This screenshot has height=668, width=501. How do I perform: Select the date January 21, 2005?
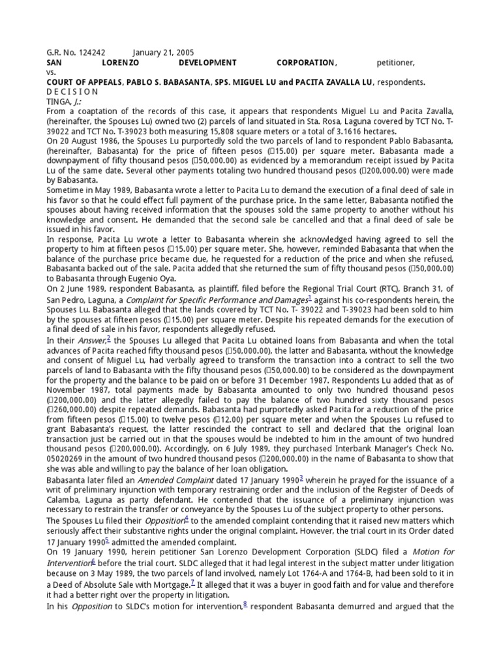[163, 52]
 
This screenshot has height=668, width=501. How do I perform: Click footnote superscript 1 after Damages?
[309, 296]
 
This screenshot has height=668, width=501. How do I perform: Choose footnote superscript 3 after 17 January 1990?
[301, 478]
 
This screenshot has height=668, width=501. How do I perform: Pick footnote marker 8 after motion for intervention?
[245, 604]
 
